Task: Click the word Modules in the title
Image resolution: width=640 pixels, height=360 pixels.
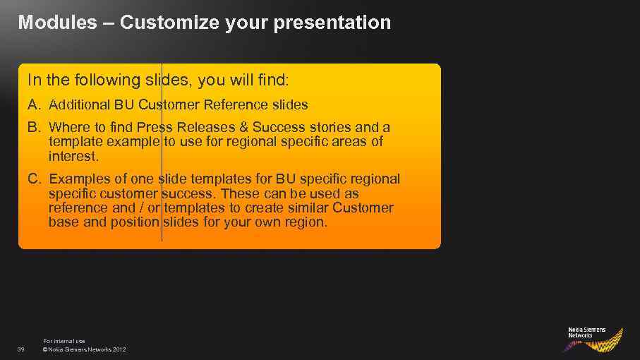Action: click(x=58, y=22)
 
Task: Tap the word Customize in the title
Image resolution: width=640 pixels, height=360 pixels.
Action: click(x=169, y=22)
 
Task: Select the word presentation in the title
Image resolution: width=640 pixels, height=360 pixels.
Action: click(x=332, y=23)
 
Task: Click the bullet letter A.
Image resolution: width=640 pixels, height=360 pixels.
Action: click(x=35, y=105)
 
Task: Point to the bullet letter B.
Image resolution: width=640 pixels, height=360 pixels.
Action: click(x=35, y=127)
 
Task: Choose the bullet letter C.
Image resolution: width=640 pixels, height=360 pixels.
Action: click(x=35, y=179)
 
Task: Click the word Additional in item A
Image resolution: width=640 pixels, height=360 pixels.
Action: click(x=80, y=105)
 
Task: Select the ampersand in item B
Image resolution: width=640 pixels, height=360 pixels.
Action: click(x=243, y=127)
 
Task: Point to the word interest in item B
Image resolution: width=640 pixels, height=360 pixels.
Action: click(x=73, y=156)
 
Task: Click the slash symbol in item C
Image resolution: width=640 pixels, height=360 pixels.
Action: click(x=141, y=208)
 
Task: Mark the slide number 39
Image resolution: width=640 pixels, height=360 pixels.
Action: click(x=21, y=349)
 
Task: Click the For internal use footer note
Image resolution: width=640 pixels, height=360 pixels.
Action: click(x=64, y=341)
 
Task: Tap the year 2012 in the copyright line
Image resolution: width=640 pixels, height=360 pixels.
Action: click(x=119, y=349)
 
